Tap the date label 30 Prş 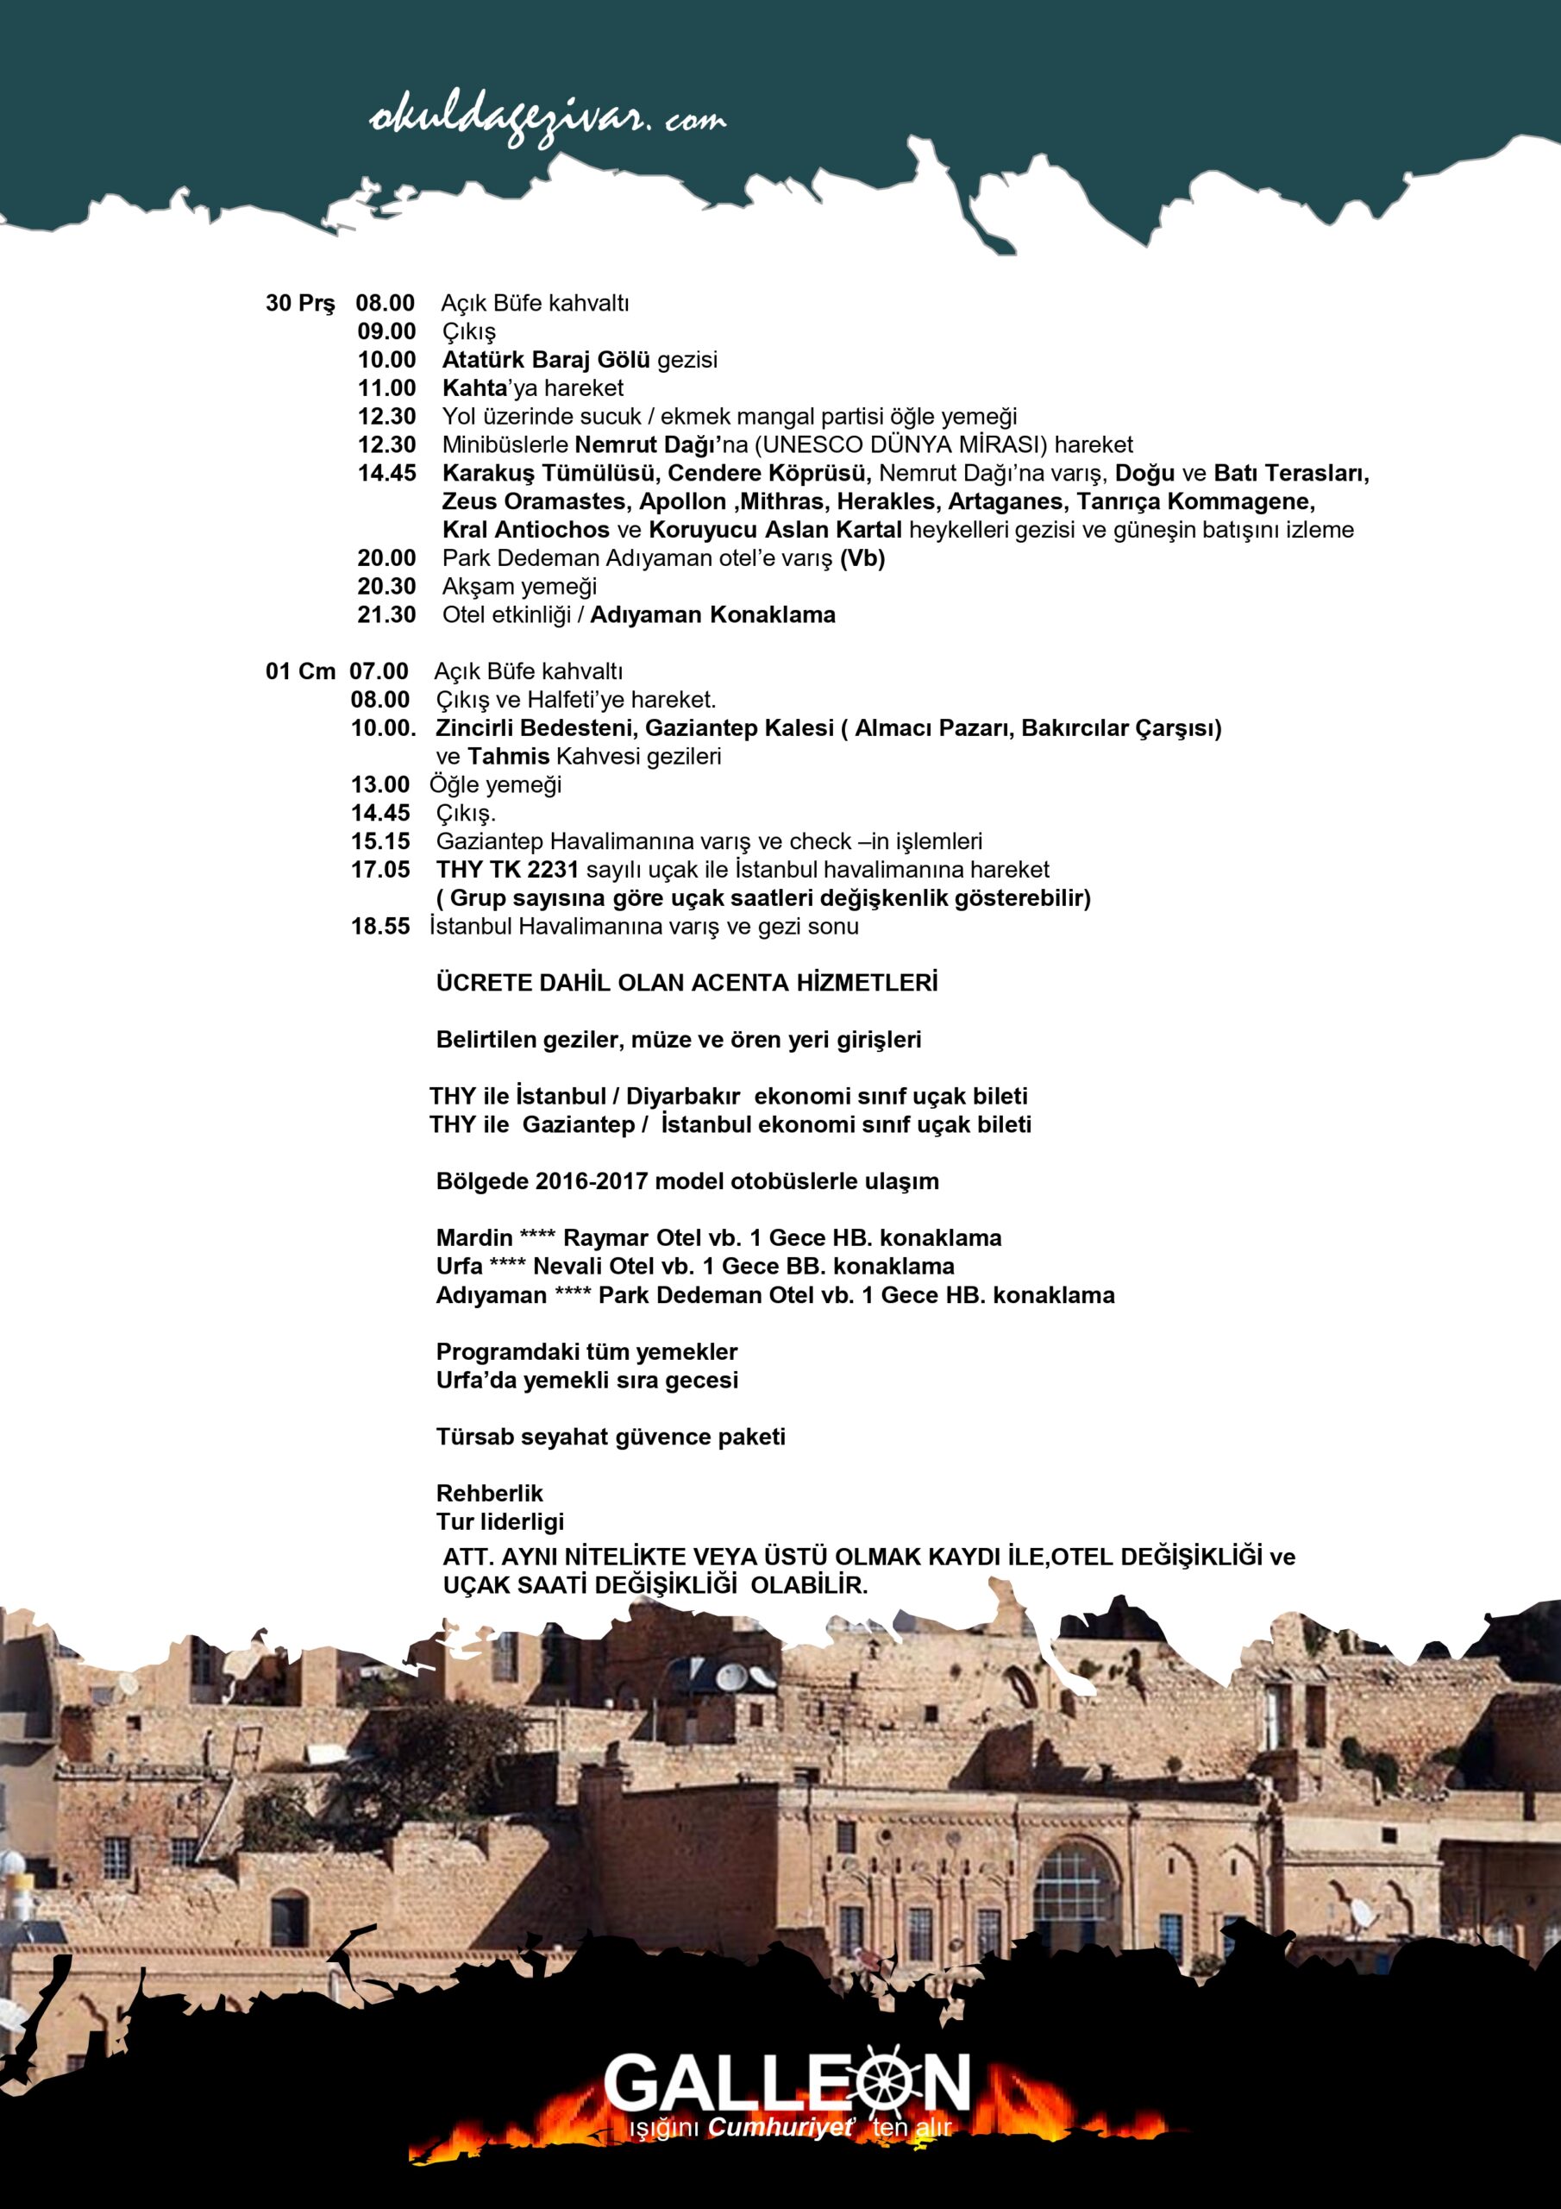[x=300, y=303]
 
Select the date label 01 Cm [x=300, y=671]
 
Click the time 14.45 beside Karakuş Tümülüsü [x=386, y=474]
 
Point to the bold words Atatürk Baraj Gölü [x=546, y=360]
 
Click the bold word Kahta [x=473, y=388]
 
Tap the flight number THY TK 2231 [x=507, y=870]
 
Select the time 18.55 [x=380, y=927]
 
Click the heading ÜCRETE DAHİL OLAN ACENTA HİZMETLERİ [x=686, y=984]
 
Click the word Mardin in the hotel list [x=473, y=1238]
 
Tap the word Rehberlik [x=490, y=1493]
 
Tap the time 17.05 [x=380, y=870]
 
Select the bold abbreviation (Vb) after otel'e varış [x=862, y=558]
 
